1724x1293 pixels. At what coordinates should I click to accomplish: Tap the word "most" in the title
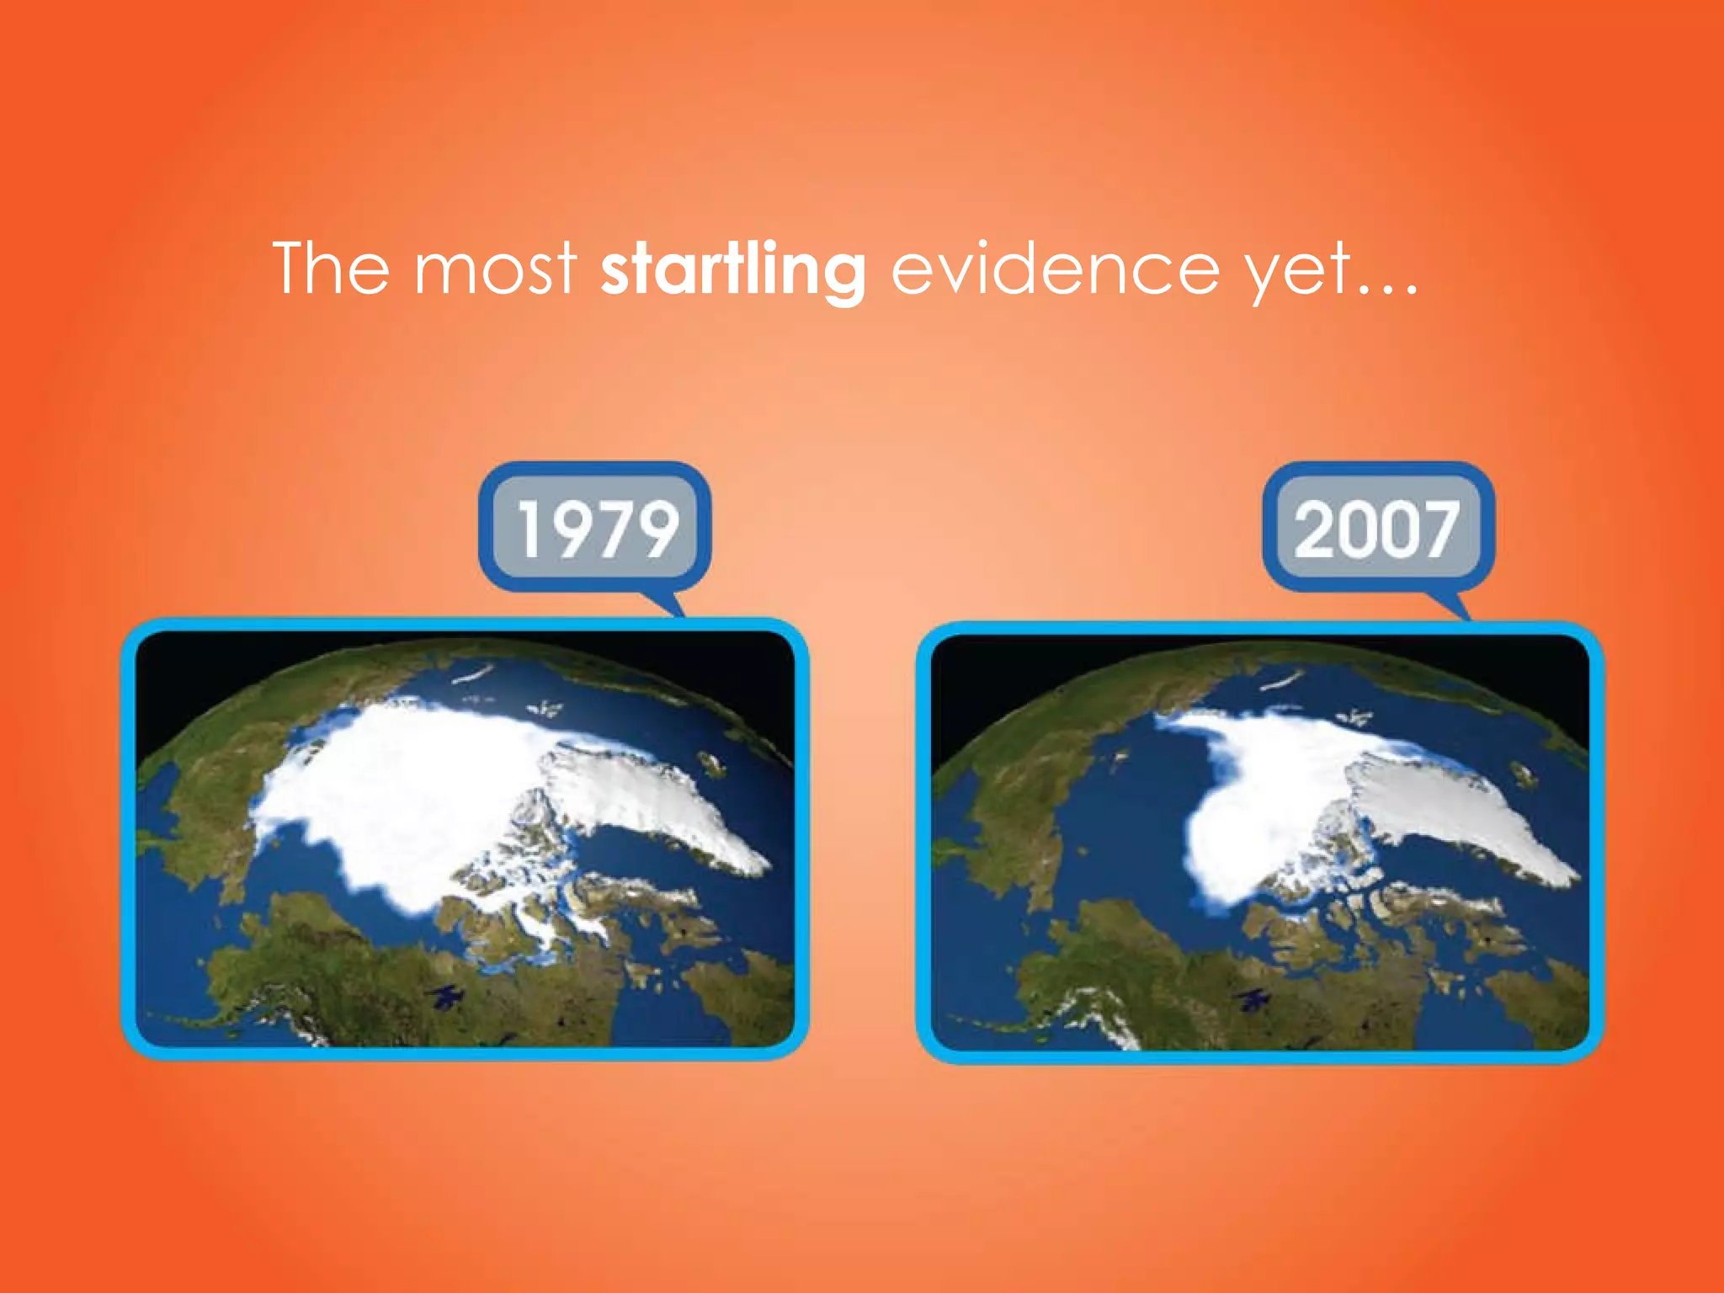coord(495,269)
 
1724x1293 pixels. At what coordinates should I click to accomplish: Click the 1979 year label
coord(596,528)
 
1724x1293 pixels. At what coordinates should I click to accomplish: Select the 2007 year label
coord(1377,528)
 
